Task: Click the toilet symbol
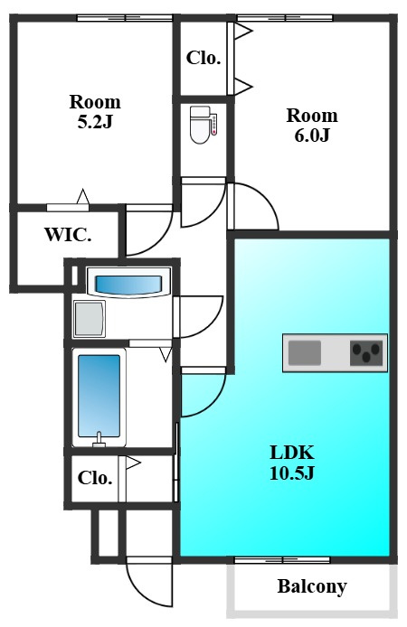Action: click(203, 125)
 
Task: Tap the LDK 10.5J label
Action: click(292, 463)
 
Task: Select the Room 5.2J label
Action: click(95, 111)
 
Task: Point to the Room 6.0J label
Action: click(312, 126)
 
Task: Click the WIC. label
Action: click(68, 235)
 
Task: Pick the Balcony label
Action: click(312, 586)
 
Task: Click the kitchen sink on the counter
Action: click(305, 352)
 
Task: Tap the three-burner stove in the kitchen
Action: click(366, 353)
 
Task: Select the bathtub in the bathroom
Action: click(99, 396)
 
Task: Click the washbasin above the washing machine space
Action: click(128, 285)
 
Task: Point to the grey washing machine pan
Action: click(90, 319)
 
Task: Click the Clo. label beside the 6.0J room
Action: click(203, 59)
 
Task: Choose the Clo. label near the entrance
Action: click(95, 478)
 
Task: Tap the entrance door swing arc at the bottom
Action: click(140, 595)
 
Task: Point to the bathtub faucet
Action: click(99, 439)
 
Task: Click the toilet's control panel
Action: click(214, 124)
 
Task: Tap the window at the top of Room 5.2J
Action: click(125, 17)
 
